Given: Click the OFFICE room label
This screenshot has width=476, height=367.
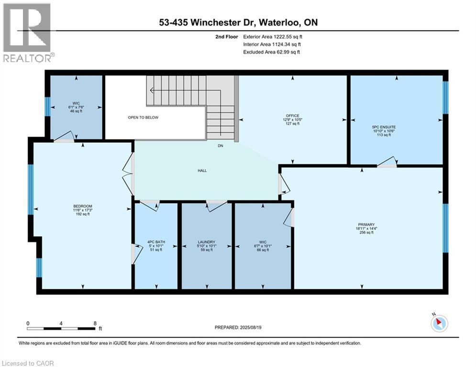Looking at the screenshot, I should point(292,116).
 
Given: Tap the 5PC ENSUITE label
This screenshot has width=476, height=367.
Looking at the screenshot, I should point(384,127).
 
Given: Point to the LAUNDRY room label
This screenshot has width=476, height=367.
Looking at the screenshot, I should point(207,242).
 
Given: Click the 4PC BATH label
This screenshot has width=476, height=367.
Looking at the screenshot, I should point(156,242).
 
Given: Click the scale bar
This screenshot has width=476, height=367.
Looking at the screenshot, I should point(61,328).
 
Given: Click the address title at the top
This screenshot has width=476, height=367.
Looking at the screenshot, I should point(238,22).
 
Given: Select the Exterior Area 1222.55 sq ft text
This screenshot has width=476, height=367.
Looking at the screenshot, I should point(272,36).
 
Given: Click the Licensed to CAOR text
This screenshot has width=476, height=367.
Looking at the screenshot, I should point(28,363).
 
